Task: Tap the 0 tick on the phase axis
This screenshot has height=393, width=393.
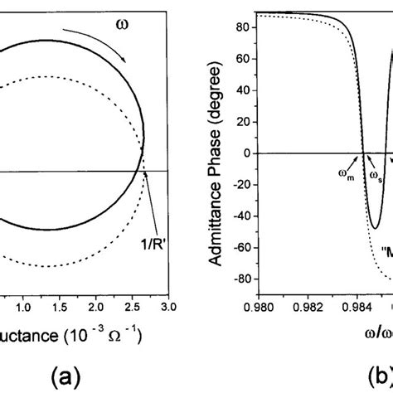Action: click(247, 153)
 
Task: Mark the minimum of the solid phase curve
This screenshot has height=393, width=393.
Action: click(376, 228)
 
